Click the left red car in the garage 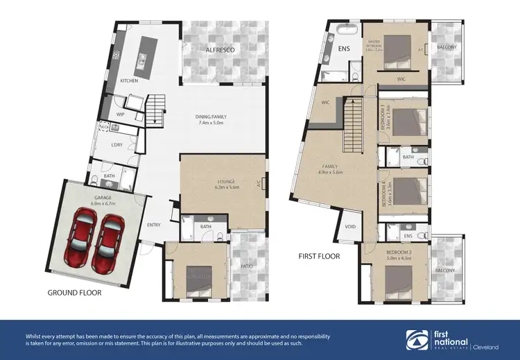point(81,239)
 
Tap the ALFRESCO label point(220,51)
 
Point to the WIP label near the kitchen point(120,114)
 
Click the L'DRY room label point(117,144)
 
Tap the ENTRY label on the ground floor point(153,224)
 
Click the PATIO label point(247,264)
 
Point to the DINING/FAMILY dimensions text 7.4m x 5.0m point(214,123)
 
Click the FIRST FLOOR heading point(320,256)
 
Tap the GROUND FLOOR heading point(74,293)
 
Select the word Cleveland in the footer point(489,345)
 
